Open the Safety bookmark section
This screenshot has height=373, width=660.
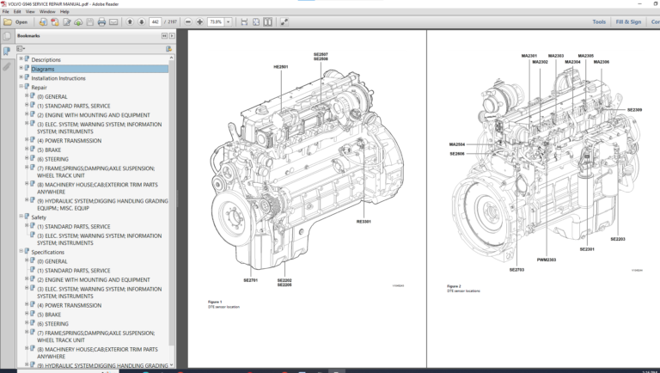click(x=39, y=217)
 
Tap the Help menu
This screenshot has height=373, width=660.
click(x=64, y=12)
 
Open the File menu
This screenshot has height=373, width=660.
click(x=5, y=12)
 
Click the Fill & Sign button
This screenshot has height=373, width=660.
click(x=630, y=21)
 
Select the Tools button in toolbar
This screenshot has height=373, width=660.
click(x=599, y=21)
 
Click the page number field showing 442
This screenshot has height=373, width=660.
click(x=156, y=21)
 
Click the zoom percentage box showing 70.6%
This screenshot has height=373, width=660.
click(x=217, y=21)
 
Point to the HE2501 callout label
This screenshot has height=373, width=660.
click(x=281, y=66)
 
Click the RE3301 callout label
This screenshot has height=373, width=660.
click(x=364, y=222)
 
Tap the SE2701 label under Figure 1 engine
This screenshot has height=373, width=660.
click(x=250, y=280)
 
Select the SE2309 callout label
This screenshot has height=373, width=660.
click(x=634, y=110)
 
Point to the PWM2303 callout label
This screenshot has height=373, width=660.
click(x=547, y=260)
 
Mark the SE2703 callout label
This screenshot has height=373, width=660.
click(x=516, y=270)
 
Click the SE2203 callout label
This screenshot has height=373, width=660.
click(x=618, y=239)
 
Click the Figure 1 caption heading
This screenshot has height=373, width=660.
click(x=215, y=302)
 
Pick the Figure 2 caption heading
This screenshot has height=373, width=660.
click(x=454, y=286)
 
